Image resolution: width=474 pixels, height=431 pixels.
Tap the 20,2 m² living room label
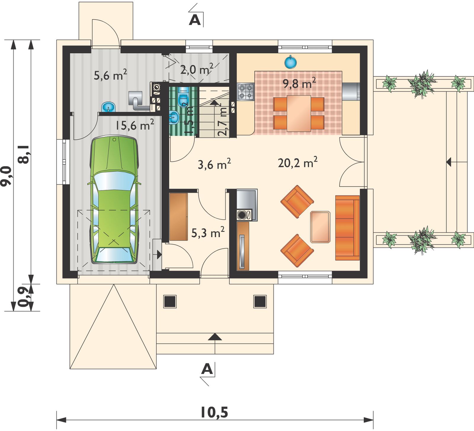coord(298,163)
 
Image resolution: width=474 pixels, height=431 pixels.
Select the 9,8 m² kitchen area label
coord(299,83)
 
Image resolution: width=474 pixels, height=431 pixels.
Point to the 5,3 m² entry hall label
coord(208,233)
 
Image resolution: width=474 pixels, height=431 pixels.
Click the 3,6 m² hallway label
coord(214,164)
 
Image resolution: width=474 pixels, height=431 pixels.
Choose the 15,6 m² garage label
coord(135,125)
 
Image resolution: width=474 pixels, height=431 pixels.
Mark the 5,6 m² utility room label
coord(111,75)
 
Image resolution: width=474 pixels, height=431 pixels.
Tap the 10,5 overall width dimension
coord(214,412)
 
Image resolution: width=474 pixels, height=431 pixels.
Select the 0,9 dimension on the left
coord(25,297)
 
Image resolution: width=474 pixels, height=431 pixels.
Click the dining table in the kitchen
coord(299,113)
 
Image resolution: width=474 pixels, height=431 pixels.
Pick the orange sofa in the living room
coord(347,228)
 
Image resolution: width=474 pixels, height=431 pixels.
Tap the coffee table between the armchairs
coord(320,227)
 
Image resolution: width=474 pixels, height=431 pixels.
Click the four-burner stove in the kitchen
coord(246,92)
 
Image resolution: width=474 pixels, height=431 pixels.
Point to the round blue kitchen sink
coord(291,62)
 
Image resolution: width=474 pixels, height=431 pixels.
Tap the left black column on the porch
coord(170,302)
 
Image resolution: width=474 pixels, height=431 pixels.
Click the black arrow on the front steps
coord(215,337)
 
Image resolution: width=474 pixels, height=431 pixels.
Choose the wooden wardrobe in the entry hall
coord(178,217)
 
